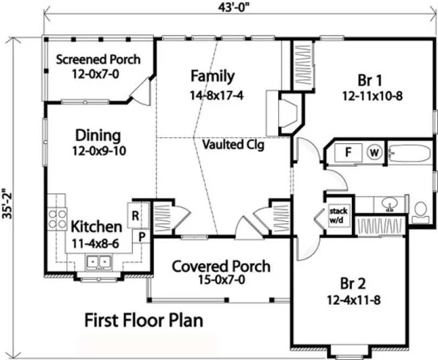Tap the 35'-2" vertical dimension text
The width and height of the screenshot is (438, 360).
[x=6, y=203]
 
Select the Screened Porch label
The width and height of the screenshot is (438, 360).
[x=98, y=59]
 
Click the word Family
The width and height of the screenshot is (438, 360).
[x=212, y=76]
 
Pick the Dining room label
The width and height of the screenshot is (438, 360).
[x=98, y=134]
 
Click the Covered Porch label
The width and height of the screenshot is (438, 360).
[x=221, y=266]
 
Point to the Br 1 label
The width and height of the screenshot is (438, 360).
[x=371, y=81]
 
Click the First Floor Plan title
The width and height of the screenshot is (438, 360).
[x=144, y=320]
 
